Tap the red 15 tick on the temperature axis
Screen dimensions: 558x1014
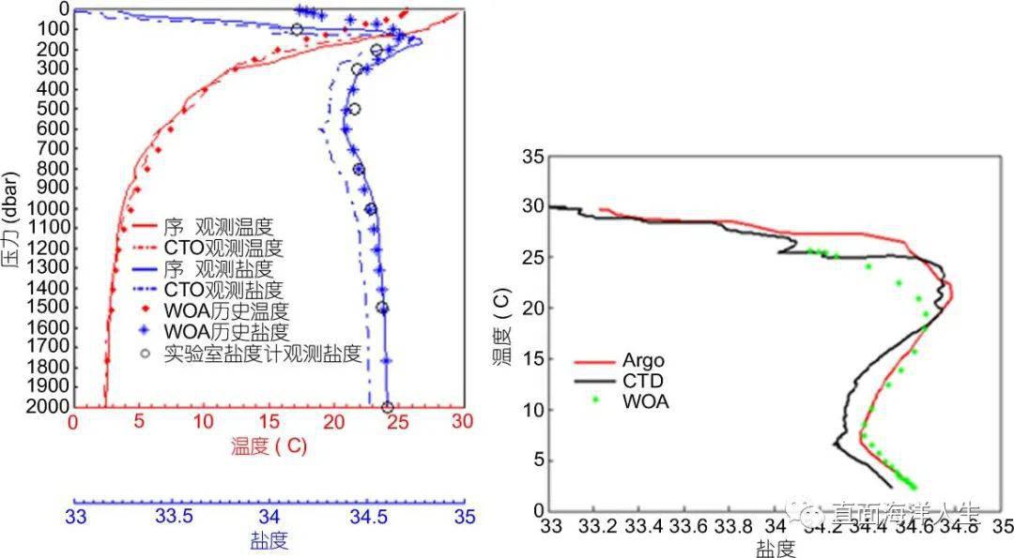(x=269, y=424)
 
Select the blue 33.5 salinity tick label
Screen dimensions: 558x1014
(x=173, y=517)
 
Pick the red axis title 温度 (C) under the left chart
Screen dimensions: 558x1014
(x=266, y=447)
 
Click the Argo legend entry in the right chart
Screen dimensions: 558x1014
(x=642, y=360)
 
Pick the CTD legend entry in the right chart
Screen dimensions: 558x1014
(x=642, y=380)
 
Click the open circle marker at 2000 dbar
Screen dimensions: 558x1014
(x=387, y=407)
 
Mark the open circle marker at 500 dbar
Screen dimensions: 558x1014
(x=354, y=109)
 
